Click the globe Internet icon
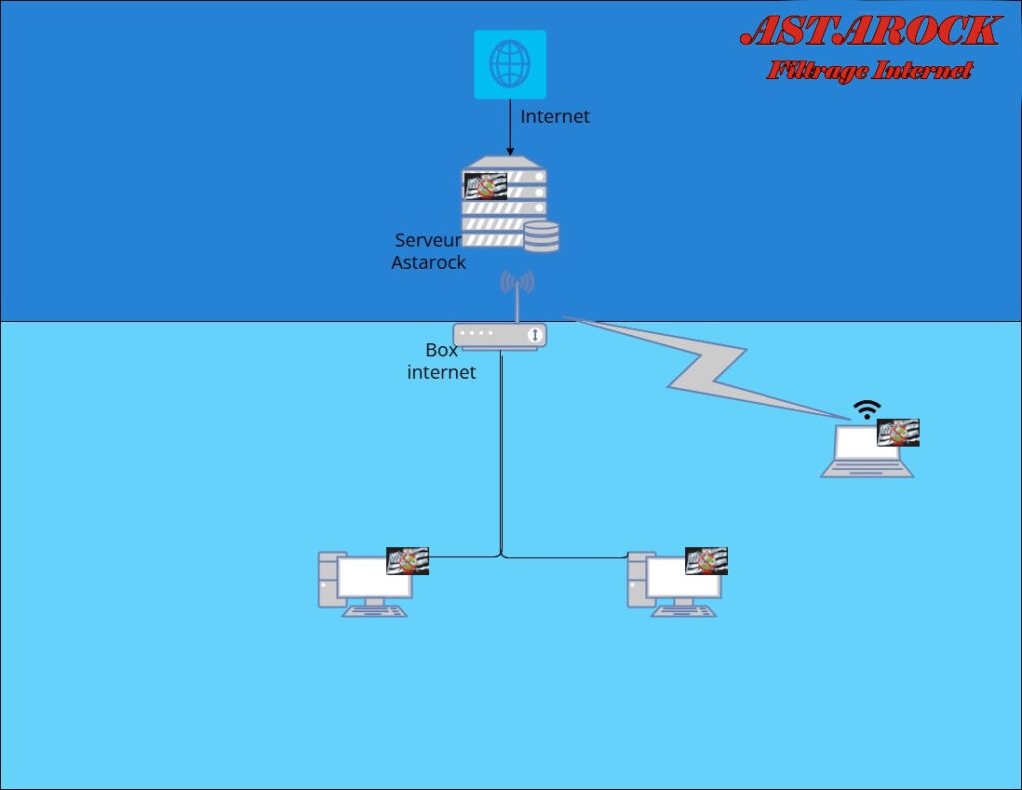click(x=510, y=64)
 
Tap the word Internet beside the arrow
click(x=555, y=116)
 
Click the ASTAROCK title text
click(x=869, y=31)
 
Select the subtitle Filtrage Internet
click(x=870, y=70)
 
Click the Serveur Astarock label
click(x=428, y=251)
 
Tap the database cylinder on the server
click(x=542, y=236)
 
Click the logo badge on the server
click(x=485, y=187)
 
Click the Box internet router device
click(x=500, y=336)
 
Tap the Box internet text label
click(x=442, y=361)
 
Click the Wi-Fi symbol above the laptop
click(x=867, y=409)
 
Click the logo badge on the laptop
click(x=898, y=432)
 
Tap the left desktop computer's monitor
click(x=374, y=579)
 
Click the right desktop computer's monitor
click(x=683, y=579)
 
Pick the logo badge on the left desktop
click(x=407, y=561)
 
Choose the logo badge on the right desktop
click(x=706, y=561)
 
